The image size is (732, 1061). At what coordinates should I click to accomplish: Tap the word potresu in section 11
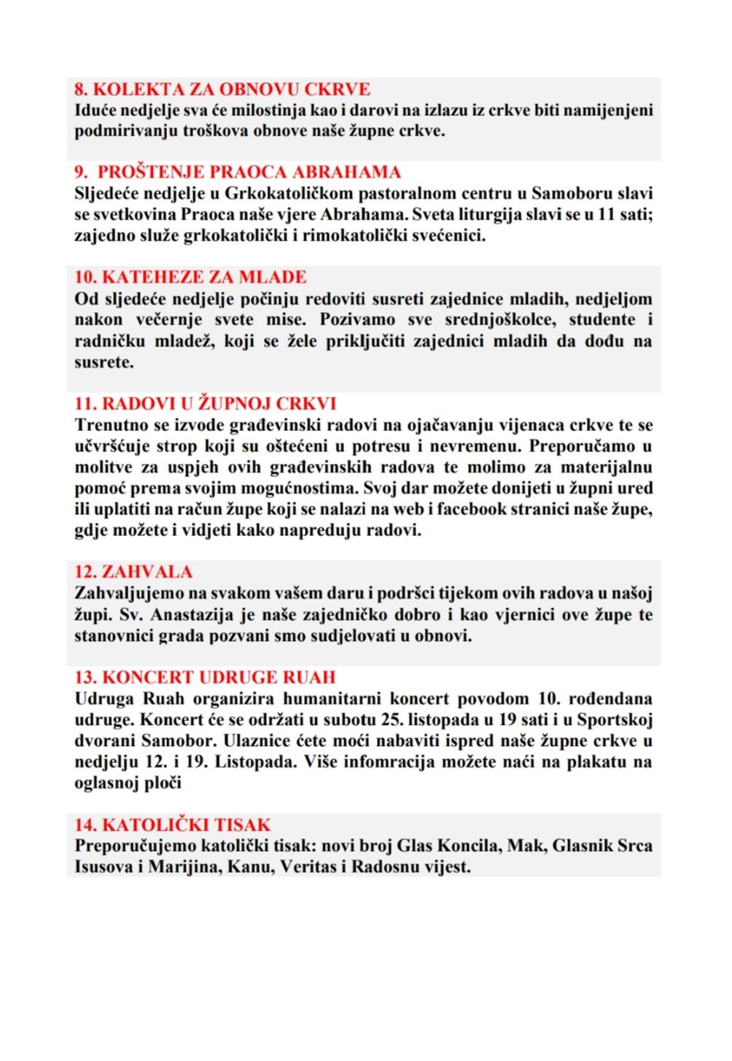pyautogui.click(x=377, y=446)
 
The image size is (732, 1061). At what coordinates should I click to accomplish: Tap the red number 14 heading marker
pyautogui.click(x=85, y=825)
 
